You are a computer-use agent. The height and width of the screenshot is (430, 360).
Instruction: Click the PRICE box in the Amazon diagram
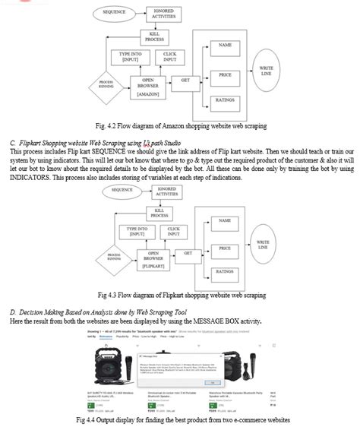click(225, 74)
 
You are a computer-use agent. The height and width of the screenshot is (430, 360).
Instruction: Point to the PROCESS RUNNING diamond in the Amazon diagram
click(106, 83)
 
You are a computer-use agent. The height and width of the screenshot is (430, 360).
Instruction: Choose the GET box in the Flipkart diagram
click(188, 252)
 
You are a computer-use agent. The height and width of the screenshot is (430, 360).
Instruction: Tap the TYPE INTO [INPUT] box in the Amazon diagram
click(131, 58)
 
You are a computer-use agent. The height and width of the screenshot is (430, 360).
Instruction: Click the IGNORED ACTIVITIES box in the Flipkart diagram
click(170, 191)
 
